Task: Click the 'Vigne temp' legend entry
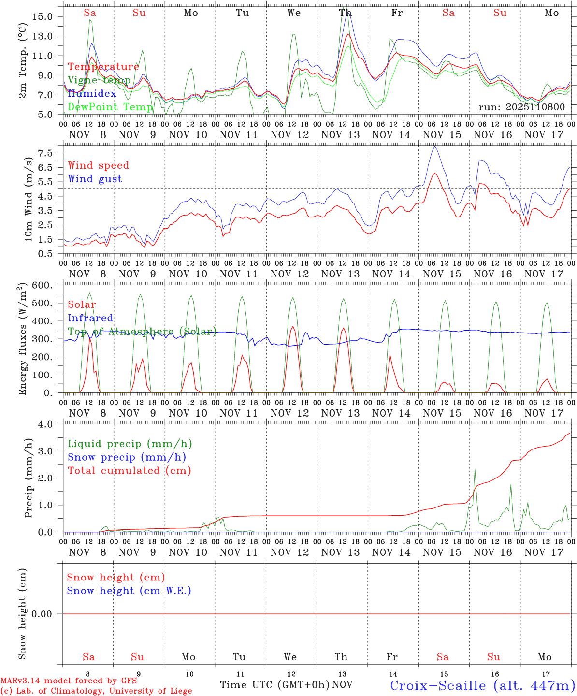pos(99,80)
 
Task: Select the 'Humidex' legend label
pos(92,93)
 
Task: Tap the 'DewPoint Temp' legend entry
pos(110,107)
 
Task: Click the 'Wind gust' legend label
pos(95,179)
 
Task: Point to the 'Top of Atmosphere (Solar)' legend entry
pos(142,332)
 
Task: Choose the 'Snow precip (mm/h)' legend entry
pos(127,457)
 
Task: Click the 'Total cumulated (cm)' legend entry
pos(129,470)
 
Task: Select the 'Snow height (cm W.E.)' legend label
pos(129,591)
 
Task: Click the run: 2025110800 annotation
pos(521,107)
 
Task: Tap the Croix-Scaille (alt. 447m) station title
pos(482,685)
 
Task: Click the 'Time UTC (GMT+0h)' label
pos(274,685)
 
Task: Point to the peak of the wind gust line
pos(435,147)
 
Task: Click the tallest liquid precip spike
pos(475,469)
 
